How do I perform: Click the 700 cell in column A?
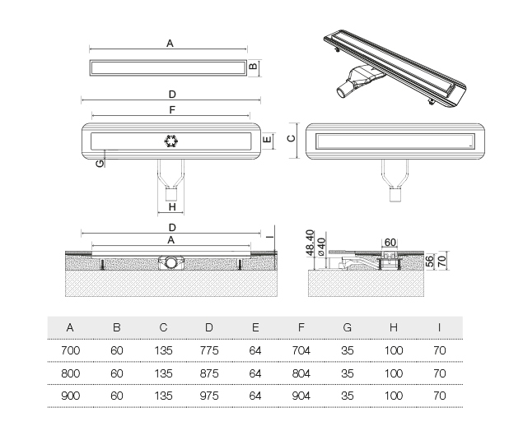(x=70, y=350)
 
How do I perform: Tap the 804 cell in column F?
(x=302, y=373)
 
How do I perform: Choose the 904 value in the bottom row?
(x=302, y=395)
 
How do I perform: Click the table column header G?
(x=347, y=327)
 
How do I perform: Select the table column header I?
(x=439, y=327)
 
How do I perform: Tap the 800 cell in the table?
(x=70, y=373)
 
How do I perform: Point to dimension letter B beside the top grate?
(x=255, y=67)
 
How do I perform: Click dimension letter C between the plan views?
(x=290, y=139)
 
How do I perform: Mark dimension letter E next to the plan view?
(x=266, y=141)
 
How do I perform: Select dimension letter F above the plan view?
(x=170, y=109)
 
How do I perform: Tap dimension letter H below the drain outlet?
(x=171, y=207)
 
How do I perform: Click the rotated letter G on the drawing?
(x=100, y=164)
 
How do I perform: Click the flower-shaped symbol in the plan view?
(x=171, y=140)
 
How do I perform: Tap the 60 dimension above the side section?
(x=390, y=241)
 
